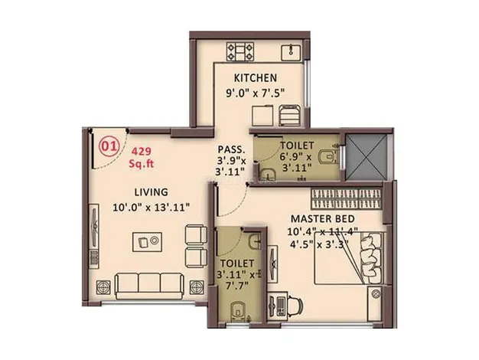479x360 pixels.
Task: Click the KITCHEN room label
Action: point(256,77)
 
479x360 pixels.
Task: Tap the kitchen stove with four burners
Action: point(240,51)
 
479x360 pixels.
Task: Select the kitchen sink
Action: point(292,52)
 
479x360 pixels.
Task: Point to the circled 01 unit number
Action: point(109,146)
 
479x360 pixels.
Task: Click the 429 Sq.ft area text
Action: point(141,158)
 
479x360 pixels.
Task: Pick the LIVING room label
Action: point(152,192)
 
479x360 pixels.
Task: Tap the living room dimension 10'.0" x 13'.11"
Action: point(152,208)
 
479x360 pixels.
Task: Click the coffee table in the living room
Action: point(147,242)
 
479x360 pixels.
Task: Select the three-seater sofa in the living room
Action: point(150,286)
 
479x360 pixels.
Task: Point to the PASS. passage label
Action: point(231,149)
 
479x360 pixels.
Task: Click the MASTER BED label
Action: point(323,219)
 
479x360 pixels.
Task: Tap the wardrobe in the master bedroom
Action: point(347,199)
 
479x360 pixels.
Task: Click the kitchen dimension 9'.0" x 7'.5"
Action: point(255,93)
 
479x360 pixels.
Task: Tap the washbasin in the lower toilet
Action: point(255,241)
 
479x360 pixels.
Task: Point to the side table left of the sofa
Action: point(103,288)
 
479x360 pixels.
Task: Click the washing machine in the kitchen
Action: point(289,116)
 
